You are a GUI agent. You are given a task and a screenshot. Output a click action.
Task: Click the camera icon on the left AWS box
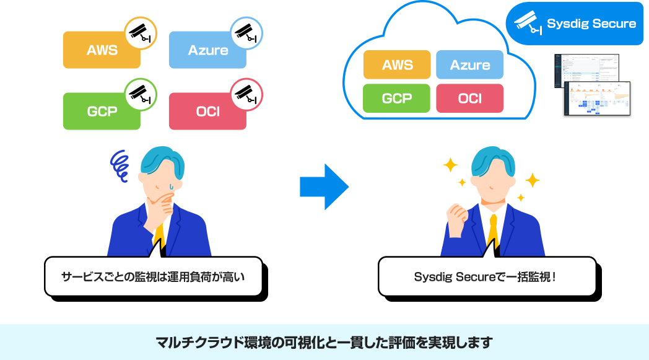(x=141, y=33)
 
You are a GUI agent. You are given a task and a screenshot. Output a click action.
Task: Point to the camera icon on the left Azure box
(x=246, y=33)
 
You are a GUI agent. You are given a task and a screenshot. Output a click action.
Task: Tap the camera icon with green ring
(x=141, y=94)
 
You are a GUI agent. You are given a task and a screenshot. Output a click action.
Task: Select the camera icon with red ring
(x=246, y=94)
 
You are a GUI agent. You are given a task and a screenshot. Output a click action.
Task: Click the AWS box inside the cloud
(x=397, y=65)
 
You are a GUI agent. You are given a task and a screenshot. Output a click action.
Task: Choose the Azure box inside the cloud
(x=469, y=65)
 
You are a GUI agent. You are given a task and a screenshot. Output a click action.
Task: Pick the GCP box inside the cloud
(x=397, y=99)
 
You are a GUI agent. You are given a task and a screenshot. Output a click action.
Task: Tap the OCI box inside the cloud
(x=469, y=99)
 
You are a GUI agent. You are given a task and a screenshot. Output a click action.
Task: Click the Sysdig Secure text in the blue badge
(x=591, y=24)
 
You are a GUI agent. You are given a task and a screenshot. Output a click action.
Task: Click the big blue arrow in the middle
(x=323, y=187)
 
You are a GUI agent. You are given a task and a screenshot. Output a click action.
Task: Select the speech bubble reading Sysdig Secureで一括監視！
(x=486, y=276)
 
